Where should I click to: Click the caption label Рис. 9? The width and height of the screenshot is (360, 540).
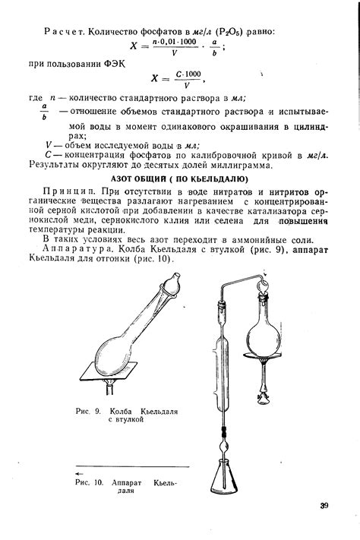click(x=89, y=411)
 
